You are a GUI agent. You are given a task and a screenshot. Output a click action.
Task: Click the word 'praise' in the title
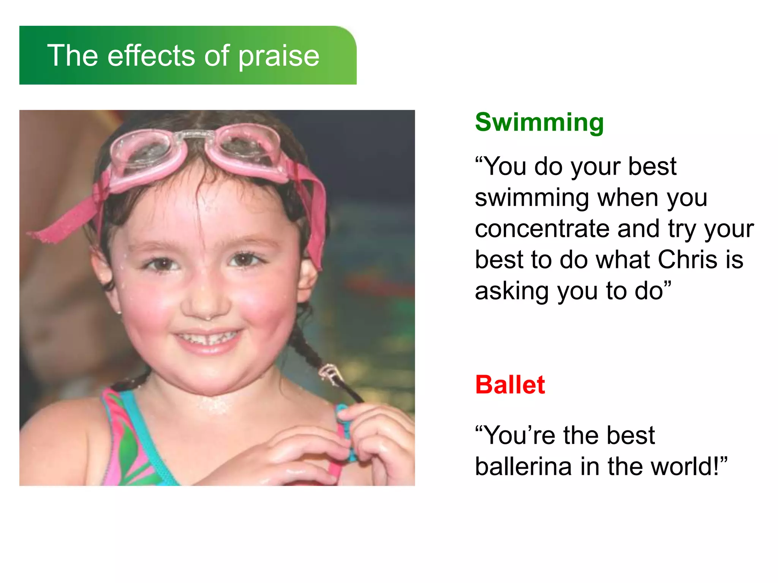coord(279,56)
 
